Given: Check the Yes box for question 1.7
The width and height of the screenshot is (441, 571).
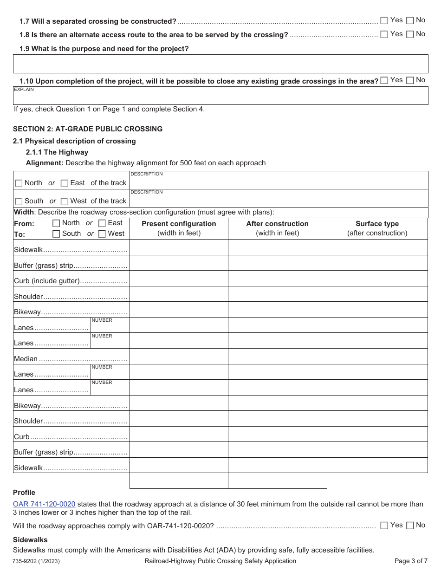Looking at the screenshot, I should pos(384,20).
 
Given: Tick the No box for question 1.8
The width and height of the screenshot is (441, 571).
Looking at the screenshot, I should pos(410,34).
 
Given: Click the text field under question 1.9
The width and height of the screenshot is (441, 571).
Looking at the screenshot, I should pos(220,64).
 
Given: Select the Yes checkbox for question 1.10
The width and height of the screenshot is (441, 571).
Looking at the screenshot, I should pos(384,80).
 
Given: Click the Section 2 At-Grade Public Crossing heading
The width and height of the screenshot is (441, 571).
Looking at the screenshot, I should pos(88,129).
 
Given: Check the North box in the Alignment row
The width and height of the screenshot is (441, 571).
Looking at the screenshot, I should pos(19,183).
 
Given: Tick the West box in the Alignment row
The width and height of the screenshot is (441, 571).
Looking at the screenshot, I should pos(65,201).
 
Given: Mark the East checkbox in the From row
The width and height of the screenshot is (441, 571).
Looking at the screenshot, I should pos(102,223).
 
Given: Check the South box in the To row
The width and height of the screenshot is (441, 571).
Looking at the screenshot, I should pos(56,234).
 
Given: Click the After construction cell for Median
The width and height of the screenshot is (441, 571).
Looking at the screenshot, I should pos(277,357).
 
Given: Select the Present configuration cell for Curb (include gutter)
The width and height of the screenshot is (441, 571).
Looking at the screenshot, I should pos(179,279).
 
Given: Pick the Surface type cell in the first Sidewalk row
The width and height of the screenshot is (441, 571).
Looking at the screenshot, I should pos(377,247).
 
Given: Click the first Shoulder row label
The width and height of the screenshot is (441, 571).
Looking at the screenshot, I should pos(28,297).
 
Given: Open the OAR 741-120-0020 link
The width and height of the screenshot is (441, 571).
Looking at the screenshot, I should pos(44,504).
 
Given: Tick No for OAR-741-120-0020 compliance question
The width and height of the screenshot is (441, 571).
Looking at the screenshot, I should pos(410,526).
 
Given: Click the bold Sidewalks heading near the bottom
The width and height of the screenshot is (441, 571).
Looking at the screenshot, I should pos(30,540).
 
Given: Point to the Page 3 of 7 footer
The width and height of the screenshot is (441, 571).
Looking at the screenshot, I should pos(410,561).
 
